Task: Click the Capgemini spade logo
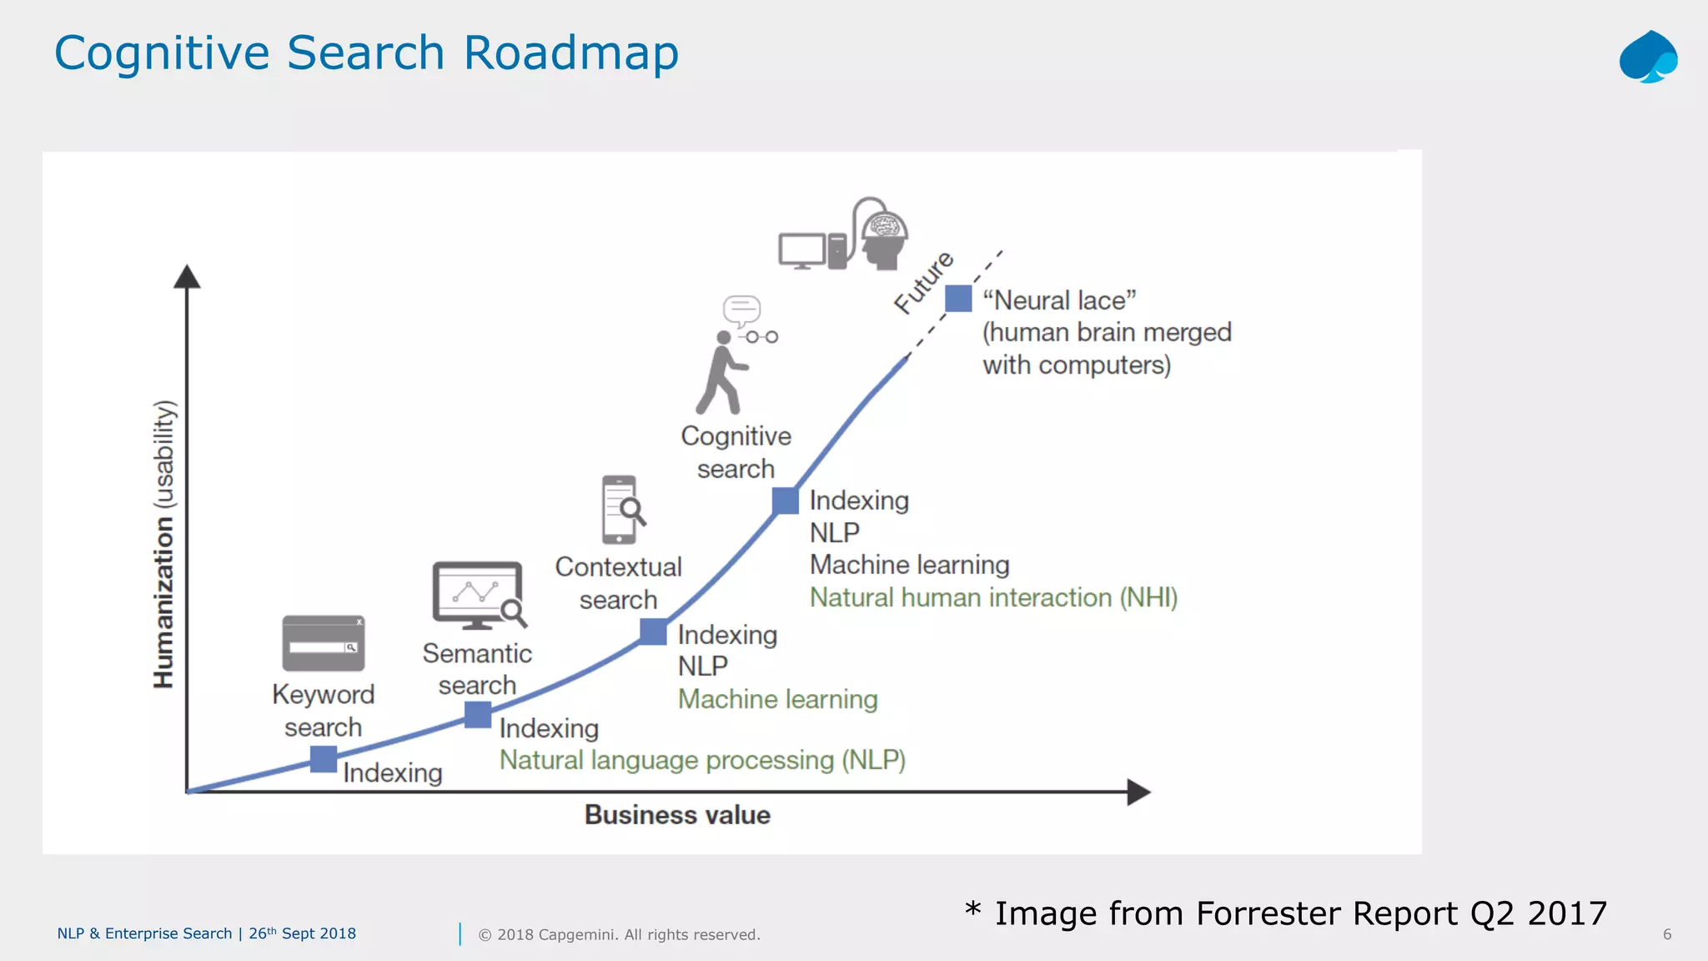[1648, 57]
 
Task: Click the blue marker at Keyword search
[324, 759]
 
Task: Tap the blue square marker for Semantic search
[478, 715]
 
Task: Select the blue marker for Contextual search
[653, 632]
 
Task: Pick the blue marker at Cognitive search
[786, 501]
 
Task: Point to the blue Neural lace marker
[958, 299]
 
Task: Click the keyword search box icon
[324, 643]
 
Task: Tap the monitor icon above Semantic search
[477, 595]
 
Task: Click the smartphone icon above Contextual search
[620, 510]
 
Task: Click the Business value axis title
[677, 815]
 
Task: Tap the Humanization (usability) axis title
[164, 544]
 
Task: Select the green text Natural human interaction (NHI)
[993, 597]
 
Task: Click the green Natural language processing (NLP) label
[702, 760]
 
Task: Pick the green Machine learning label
[777, 699]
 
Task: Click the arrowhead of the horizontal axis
[1138, 792]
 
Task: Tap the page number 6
[1666, 934]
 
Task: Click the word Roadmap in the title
[570, 53]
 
